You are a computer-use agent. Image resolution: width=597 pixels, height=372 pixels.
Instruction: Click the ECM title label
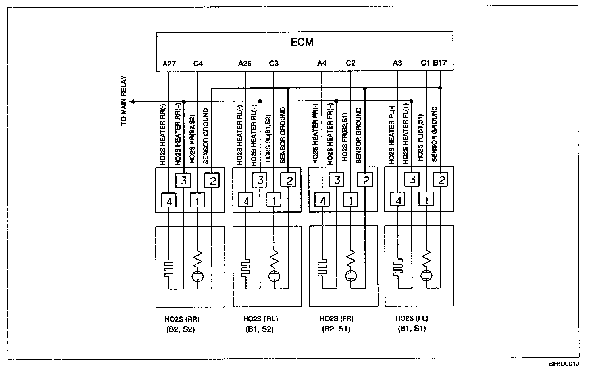[302, 42]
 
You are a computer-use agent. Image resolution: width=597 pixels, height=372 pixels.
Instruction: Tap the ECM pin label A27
[169, 63]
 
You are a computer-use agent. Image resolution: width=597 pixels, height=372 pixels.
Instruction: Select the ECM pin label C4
[198, 63]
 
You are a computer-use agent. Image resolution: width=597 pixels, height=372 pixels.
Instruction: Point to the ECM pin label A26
[245, 63]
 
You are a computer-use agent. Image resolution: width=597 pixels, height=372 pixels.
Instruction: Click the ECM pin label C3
[274, 63]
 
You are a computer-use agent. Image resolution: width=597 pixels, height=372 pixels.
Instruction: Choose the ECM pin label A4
[322, 63]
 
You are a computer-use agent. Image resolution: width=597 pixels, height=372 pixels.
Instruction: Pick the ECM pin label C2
[350, 63]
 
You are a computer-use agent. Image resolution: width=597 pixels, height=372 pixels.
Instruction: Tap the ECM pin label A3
[397, 63]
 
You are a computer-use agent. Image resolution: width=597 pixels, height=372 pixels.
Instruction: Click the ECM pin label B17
[440, 63]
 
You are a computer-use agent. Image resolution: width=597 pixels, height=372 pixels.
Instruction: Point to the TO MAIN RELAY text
[124, 101]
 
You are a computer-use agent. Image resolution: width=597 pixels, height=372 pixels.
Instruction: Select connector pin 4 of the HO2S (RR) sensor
[169, 201]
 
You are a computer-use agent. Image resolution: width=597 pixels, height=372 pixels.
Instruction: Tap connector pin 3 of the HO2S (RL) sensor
[260, 180]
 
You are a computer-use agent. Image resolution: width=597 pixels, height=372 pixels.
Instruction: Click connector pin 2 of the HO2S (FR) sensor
[365, 180]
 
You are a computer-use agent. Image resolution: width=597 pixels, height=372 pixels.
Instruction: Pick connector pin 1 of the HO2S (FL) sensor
[426, 201]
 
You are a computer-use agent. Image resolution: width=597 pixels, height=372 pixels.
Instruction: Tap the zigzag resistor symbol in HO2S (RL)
[274, 262]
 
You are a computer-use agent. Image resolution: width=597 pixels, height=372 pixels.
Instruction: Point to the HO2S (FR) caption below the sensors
[336, 318]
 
